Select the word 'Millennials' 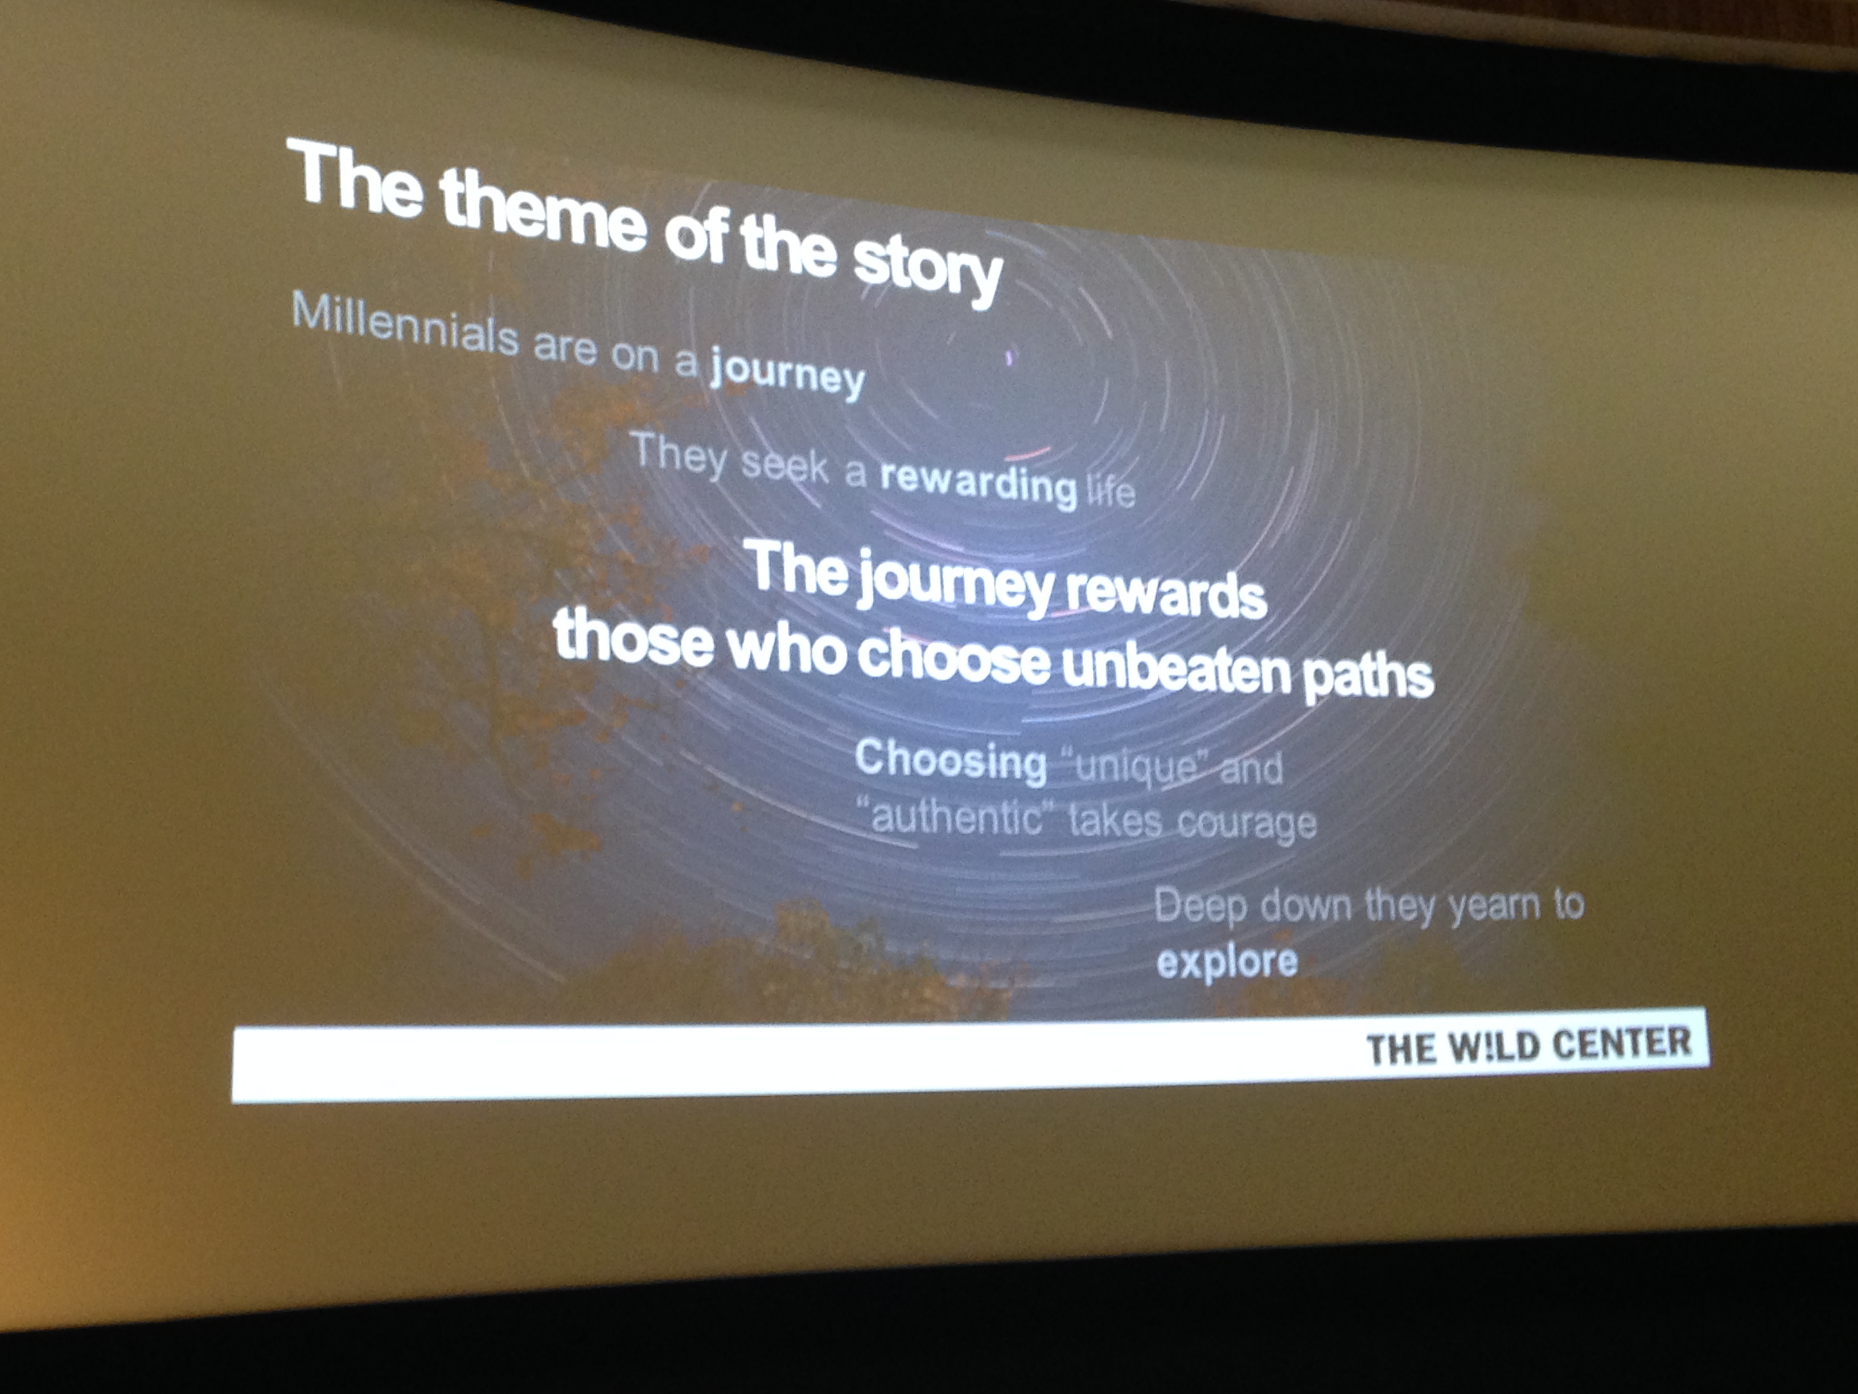[405, 323]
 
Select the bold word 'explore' [1226, 961]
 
